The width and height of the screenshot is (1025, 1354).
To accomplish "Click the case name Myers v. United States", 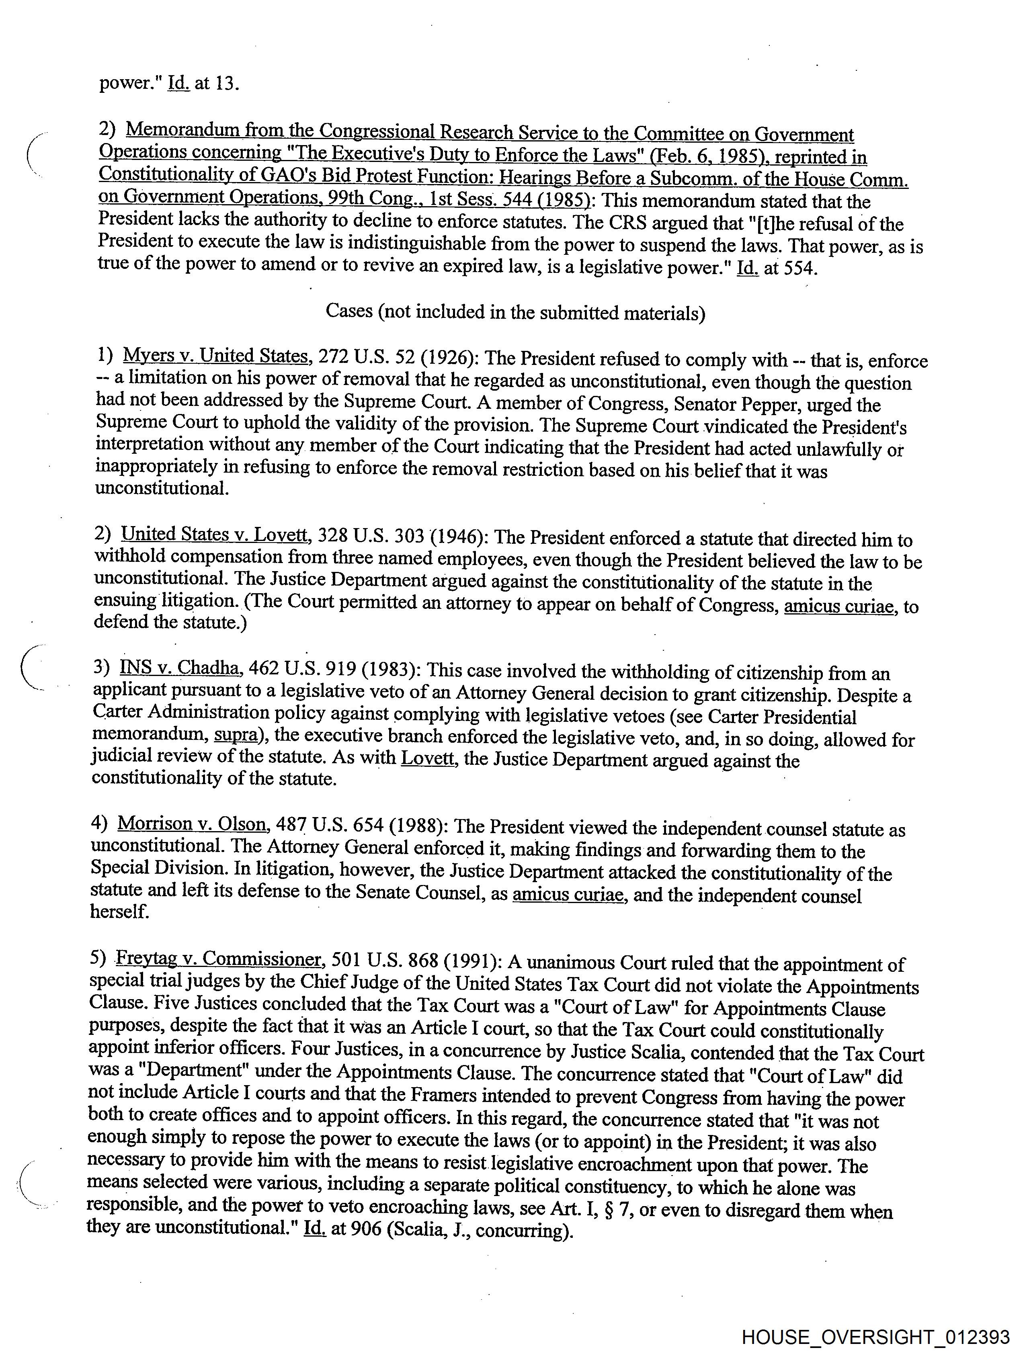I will point(215,356).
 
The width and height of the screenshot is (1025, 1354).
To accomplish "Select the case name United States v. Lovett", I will point(214,535).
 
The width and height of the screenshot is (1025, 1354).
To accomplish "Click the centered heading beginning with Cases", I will point(515,312).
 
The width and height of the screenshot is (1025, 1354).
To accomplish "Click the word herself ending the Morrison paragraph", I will point(119,912).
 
